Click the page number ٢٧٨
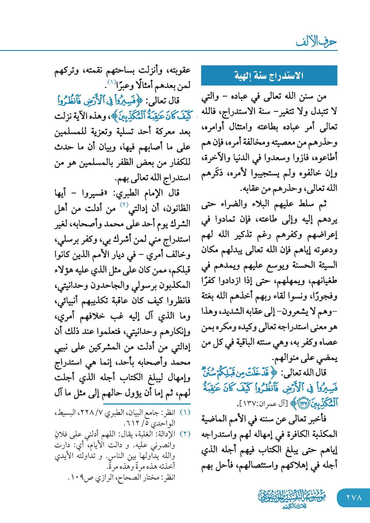pos(354,498)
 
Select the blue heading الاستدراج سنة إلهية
pos(269,75)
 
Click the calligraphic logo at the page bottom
pos(292,498)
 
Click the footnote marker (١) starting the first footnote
pos(185,413)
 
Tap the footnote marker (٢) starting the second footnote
pos(185,434)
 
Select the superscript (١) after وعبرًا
pos(112,82)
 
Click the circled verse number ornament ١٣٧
pos(303,404)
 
